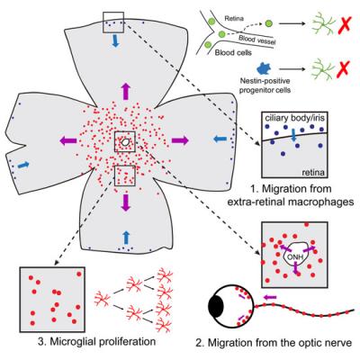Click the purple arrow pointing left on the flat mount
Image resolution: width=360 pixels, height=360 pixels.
pyautogui.click(x=69, y=141)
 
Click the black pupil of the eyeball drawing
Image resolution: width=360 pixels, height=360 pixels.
pyautogui.click(x=216, y=306)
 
